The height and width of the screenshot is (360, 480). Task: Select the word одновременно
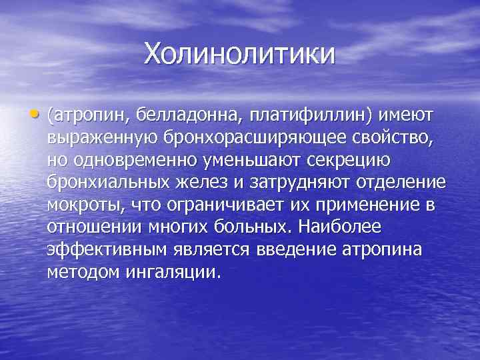133,161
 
